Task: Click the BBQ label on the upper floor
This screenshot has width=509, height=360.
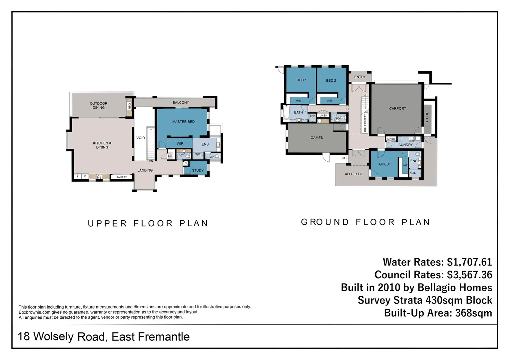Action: [130, 106]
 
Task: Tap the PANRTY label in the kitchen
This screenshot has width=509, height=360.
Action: [122, 177]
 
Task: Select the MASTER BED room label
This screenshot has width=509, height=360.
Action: [183, 122]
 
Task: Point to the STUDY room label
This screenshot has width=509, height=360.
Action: [198, 170]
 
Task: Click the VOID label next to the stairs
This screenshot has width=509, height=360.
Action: [141, 138]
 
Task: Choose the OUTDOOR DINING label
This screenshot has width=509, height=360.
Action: [99, 106]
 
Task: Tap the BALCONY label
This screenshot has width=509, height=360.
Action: [181, 103]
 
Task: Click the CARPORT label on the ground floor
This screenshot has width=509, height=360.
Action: [397, 108]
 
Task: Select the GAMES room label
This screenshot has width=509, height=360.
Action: [317, 138]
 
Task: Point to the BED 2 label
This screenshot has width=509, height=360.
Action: [331, 81]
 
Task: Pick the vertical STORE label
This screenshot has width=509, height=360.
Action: [427, 118]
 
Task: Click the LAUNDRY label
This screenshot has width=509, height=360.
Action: [405, 145]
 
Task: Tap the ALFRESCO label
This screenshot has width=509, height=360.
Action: [354, 174]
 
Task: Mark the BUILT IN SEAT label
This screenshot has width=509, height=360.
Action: [365, 123]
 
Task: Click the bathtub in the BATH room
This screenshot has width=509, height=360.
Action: [286, 112]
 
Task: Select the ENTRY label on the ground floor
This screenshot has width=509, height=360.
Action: [360, 77]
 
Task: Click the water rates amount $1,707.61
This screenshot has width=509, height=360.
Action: [469, 262]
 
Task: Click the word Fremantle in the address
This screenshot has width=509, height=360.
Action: [164, 337]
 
